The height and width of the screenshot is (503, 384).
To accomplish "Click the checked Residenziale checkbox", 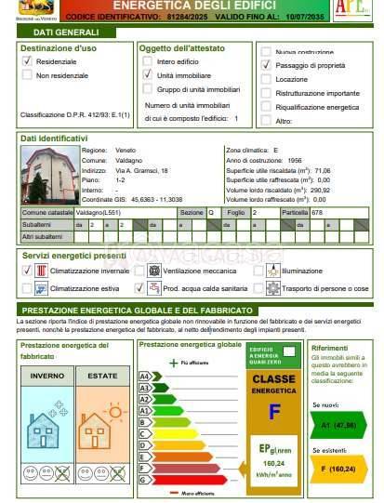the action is (27, 60).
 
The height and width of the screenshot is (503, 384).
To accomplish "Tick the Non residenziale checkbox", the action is (27, 74).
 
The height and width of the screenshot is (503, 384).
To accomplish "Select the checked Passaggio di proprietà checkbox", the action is (267, 66).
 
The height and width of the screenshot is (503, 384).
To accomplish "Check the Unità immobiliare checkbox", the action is (147, 74).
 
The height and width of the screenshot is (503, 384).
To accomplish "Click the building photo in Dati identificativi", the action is (47, 176).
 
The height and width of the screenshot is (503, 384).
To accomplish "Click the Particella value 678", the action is (317, 213).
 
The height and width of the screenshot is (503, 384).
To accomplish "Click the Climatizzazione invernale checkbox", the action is (27, 270).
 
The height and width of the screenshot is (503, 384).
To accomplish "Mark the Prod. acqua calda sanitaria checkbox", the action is (139, 289).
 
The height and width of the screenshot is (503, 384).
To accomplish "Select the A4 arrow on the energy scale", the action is (144, 377).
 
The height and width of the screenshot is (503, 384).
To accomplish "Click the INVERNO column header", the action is (46, 375).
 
